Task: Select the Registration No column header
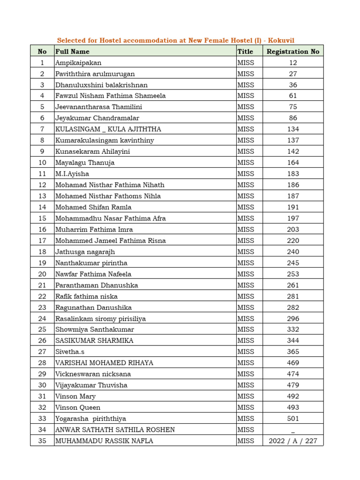(x=293, y=52)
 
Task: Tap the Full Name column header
(x=72, y=52)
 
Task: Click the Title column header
(x=245, y=52)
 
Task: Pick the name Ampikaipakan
(x=78, y=63)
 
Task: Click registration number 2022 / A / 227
(x=293, y=441)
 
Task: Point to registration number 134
(x=293, y=129)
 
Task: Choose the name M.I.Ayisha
(x=72, y=174)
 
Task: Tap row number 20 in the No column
(x=42, y=274)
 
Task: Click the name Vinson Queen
(x=78, y=408)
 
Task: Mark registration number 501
(x=293, y=419)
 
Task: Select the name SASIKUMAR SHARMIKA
(x=94, y=341)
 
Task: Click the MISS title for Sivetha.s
(x=246, y=352)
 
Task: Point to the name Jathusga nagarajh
(x=85, y=252)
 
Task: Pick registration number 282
(x=293, y=307)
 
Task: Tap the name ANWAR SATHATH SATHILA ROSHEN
(x=115, y=430)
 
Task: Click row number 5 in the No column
(x=42, y=107)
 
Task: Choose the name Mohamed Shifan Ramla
(x=93, y=207)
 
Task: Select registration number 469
(x=293, y=363)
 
